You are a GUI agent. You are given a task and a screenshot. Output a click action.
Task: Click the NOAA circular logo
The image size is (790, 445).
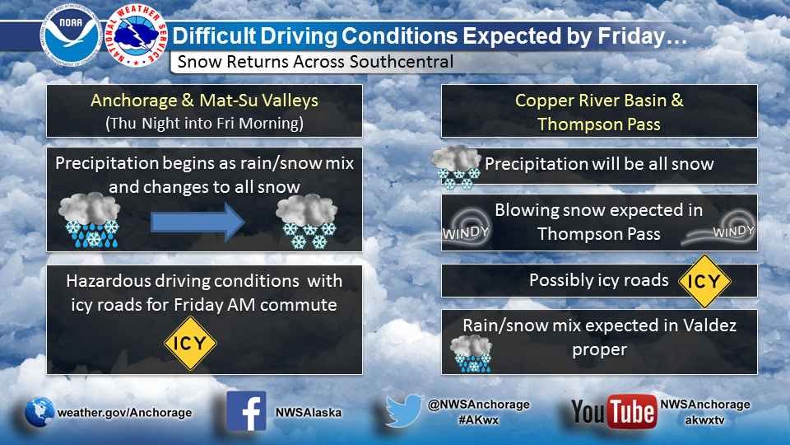(x=71, y=36)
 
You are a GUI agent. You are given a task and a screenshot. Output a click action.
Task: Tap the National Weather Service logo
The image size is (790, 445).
(x=137, y=35)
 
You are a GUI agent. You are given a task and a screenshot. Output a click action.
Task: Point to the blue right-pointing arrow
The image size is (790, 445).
(x=198, y=222)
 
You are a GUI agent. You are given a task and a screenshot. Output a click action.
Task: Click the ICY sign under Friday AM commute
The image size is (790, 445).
(x=190, y=343)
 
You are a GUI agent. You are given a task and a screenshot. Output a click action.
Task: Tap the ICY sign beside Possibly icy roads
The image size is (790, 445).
(x=704, y=281)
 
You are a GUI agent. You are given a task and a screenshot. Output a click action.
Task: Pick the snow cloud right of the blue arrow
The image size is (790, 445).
(x=307, y=222)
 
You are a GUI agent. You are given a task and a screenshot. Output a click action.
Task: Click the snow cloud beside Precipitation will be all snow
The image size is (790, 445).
(x=456, y=167)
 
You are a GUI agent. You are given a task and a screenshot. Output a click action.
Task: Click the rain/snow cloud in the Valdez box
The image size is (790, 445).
(x=471, y=354)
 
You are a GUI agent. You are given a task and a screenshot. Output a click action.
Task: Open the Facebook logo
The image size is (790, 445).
(x=246, y=411)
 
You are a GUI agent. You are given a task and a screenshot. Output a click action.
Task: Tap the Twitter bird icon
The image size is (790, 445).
(x=405, y=410)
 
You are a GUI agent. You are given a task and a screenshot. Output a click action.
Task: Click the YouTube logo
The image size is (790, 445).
(x=614, y=411)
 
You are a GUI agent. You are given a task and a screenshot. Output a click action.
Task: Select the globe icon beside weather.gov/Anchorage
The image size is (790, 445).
(x=39, y=412)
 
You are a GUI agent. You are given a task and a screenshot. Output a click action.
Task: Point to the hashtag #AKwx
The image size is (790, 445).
(x=478, y=419)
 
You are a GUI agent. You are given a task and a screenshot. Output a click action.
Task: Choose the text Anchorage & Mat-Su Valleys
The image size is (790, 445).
(x=205, y=101)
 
